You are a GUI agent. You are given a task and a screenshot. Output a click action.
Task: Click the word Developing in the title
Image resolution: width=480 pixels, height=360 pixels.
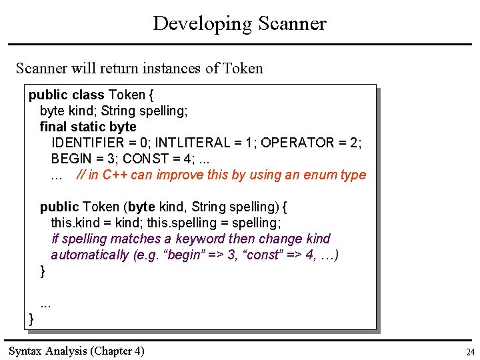pyautogui.click(x=195, y=24)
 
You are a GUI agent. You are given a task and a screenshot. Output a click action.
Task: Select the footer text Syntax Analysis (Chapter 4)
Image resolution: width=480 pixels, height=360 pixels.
pyautogui.click(x=76, y=351)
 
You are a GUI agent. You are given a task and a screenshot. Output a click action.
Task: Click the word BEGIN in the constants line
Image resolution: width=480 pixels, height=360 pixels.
pyautogui.click(x=69, y=159)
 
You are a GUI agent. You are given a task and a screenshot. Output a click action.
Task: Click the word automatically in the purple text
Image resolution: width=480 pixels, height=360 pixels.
pyautogui.click(x=90, y=255)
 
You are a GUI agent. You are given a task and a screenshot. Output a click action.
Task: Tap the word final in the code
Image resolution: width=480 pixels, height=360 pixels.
pyautogui.click(x=53, y=127)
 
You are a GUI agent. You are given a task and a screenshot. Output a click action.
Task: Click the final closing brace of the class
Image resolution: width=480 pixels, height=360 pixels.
pyautogui.click(x=31, y=319)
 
